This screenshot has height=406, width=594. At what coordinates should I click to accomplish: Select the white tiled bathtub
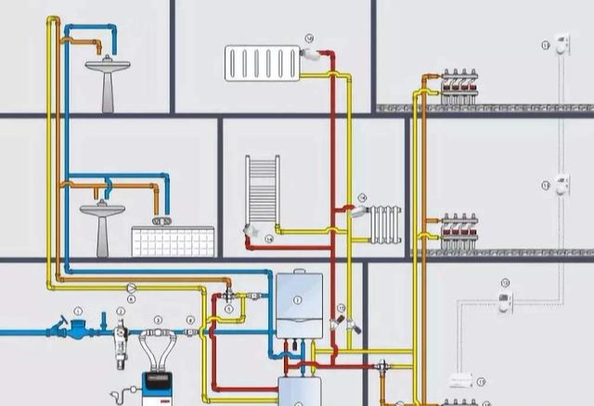pyautogui.click(x=173, y=241)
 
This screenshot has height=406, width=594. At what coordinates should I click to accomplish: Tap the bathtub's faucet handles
pyautogui.click(x=161, y=220)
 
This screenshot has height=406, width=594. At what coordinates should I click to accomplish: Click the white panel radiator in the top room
pyautogui.click(x=262, y=62)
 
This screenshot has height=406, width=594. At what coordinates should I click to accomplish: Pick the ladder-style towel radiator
pyautogui.click(x=262, y=190)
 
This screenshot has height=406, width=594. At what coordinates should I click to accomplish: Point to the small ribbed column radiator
pyautogui.click(x=385, y=223)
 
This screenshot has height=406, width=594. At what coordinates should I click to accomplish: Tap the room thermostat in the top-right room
pyautogui.click(x=562, y=43)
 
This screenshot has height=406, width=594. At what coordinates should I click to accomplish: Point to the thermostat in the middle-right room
pyautogui.click(x=562, y=184)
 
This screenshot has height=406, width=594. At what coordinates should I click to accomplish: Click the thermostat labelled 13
pyautogui.click(x=504, y=300)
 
